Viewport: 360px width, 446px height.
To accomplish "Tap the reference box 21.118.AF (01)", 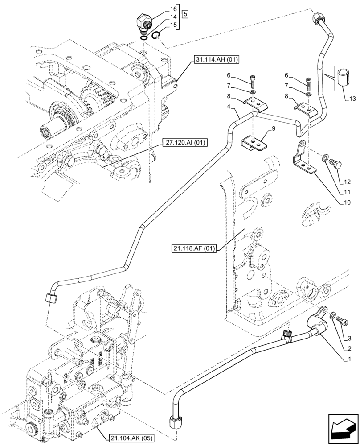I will click(x=192, y=248).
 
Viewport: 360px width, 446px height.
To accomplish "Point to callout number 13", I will click(x=352, y=99).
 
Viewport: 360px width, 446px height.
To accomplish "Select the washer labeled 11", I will click(x=326, y=157).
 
